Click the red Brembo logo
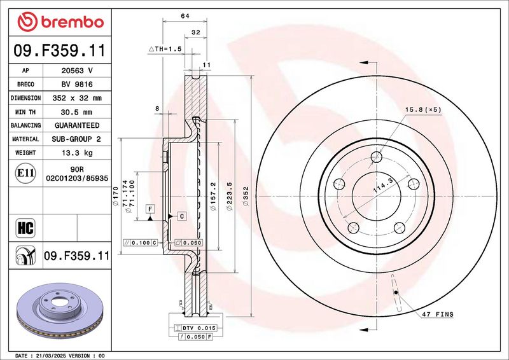point(60,22)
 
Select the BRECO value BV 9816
point(77,85)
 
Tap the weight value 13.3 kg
point(77,153)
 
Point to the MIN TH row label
point(25,112)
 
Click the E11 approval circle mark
point(25,173)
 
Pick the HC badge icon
point(25,228)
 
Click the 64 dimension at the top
point(185,16)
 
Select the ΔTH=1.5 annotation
point(165,49)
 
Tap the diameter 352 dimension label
point(246,196)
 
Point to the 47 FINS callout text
point(438,314)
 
